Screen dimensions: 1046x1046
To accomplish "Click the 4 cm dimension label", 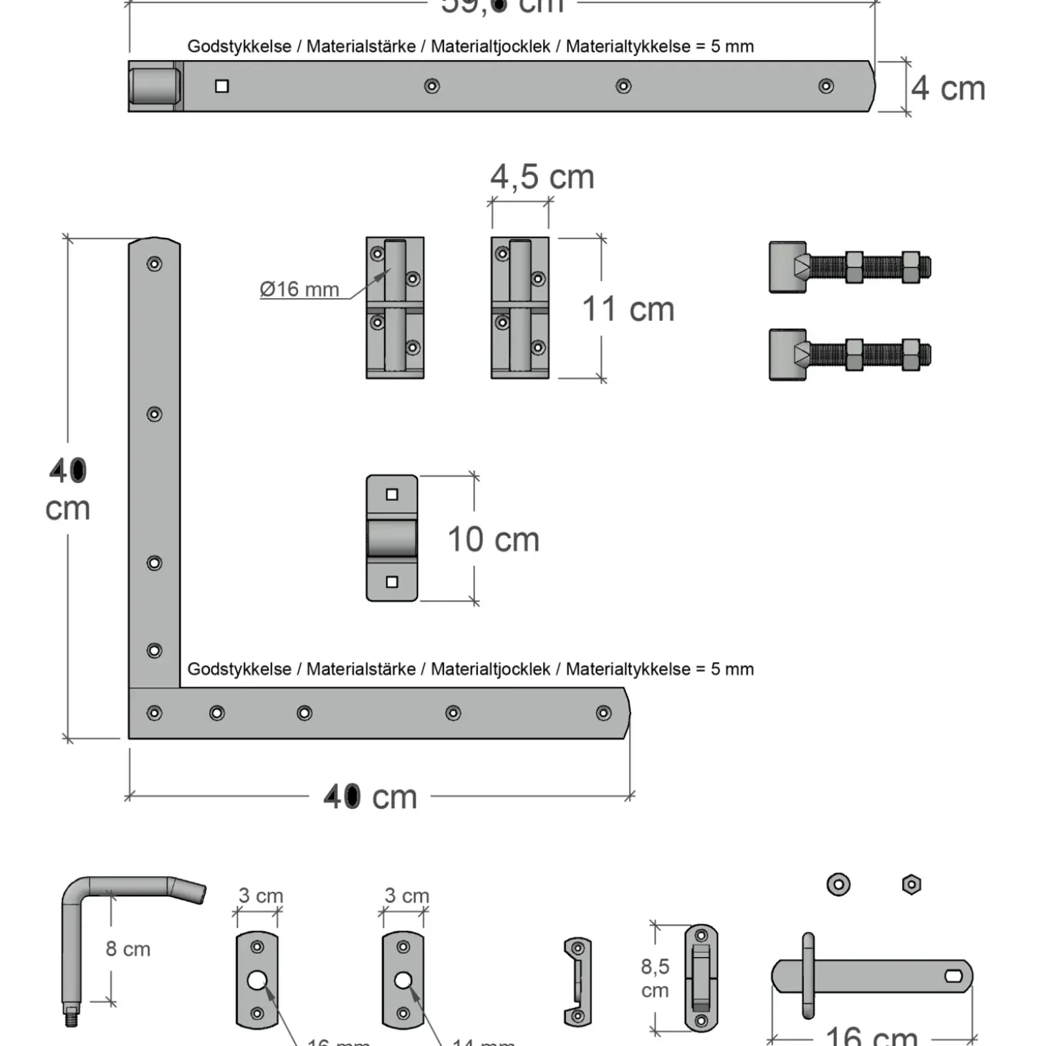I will click(948, 89).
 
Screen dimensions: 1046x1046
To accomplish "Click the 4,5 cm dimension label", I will click(542, 177).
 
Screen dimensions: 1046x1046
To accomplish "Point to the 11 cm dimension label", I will click(628, 310).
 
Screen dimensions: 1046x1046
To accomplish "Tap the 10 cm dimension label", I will click(493, 539).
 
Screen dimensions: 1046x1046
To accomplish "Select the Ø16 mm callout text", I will click(299, 289).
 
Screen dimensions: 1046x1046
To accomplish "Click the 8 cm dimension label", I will click(128, 949).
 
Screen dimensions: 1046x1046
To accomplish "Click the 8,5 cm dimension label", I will click(655, 978).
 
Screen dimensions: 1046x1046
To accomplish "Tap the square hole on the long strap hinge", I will click(222, 86).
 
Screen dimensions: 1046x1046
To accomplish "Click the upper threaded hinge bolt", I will click(850, 268).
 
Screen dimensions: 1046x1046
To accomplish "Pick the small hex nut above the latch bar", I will click(911, 885).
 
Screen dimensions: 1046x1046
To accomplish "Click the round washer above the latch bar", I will click(838, 885).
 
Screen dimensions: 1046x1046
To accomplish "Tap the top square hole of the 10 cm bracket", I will click(392, 494).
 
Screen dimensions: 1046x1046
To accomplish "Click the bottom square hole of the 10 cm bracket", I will click(392, 582).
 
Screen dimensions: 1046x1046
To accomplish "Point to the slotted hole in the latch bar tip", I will click(954, 976).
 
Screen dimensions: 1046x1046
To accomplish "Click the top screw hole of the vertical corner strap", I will click(154, 264).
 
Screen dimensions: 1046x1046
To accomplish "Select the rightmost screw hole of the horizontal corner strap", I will click(603, 713).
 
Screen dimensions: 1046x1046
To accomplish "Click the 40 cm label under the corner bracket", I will click(370, 797).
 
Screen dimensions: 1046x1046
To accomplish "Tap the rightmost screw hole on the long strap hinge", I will click(826, 86).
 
